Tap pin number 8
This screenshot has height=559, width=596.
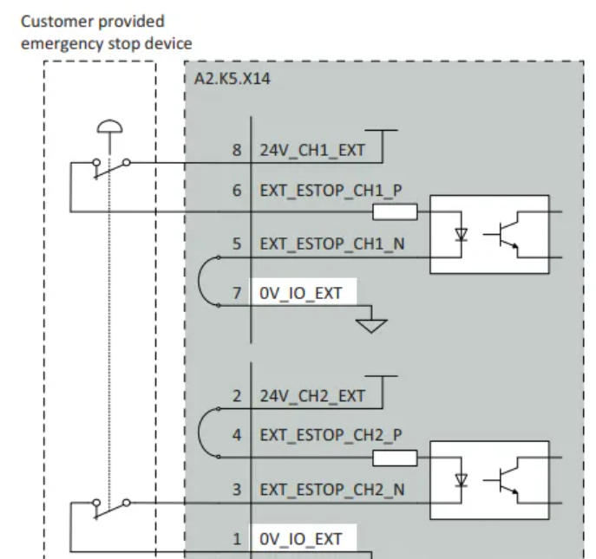click(x=236, y=151)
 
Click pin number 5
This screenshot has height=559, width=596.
click(x=236, y=245)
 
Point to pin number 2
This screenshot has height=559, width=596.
click(x=236, y=397)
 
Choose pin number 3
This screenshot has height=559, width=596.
click(x=236, y=490)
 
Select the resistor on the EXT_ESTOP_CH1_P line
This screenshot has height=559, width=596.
click(x=395, y=211)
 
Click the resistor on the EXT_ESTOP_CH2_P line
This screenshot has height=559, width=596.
click(x=395, y=458)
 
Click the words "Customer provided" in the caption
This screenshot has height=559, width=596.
click(x=94, y=19)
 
